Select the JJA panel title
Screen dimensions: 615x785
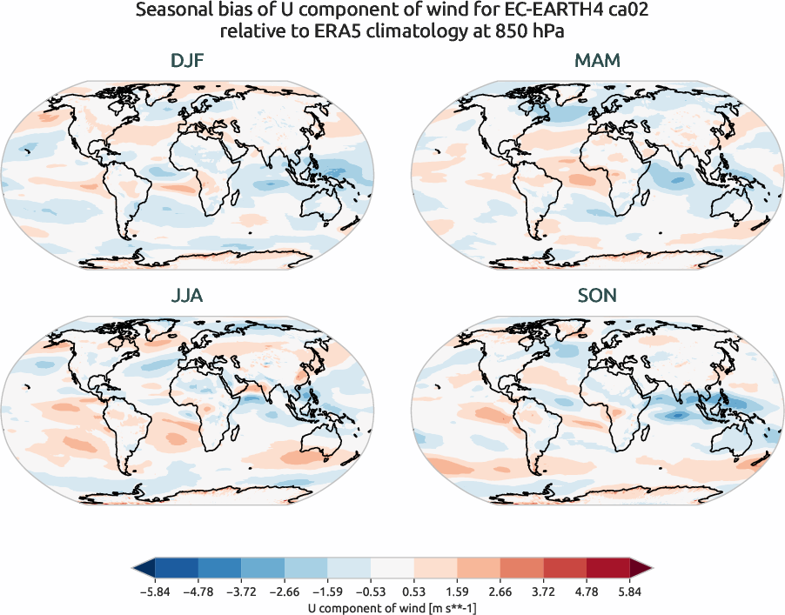point(187,296)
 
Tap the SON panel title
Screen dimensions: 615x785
point(597,296)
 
